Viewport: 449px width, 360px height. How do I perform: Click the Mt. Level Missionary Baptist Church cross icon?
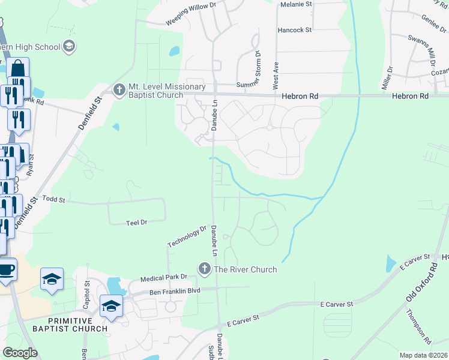pyautogui.click(x=119, y=91)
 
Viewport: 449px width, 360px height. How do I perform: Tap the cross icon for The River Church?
pyautogui.click(x=205, y=268)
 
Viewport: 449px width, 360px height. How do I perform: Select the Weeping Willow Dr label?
pyautogui.click(x=191, y=14)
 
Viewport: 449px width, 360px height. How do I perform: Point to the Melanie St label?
pyautogui.click(x=297, y=4)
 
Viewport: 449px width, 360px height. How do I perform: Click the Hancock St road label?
pyautogui.click(x=295, y=29)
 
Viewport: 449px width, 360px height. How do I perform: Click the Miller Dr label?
pyautogui.click(x=387, y=79)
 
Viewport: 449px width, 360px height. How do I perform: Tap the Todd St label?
pyautogui.click(x=53, y=198)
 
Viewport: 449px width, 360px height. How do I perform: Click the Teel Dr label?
pyautogui.click(x=137, y=222)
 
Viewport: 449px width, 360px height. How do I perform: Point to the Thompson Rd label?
pyautogui.click(x=418, y=326)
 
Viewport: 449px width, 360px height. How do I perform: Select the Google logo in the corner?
pyautogui.click(x=20, y=353)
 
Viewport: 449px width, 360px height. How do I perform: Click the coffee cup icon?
pyautogui.click(x=6, y=269)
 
